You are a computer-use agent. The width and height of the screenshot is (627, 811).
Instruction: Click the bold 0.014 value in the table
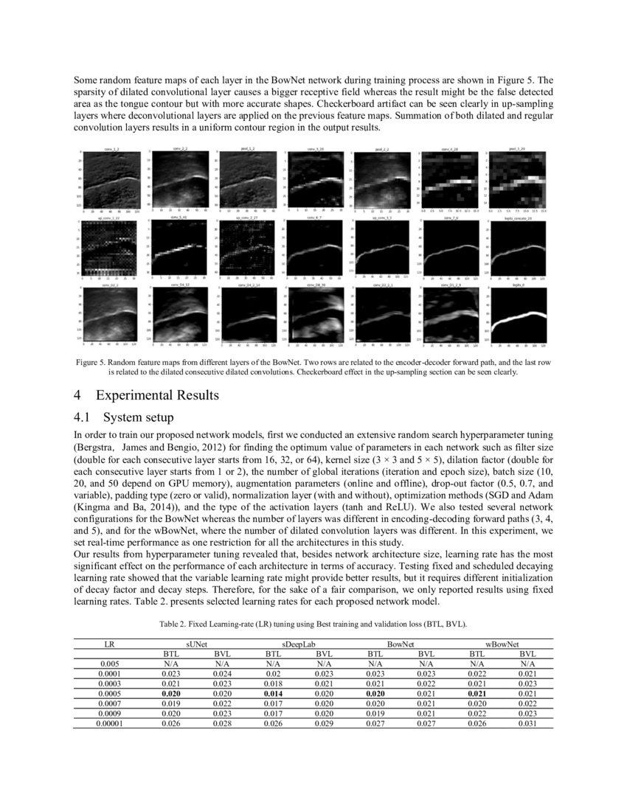point(273,694)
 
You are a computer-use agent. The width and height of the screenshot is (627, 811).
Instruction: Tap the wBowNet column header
point(502,644)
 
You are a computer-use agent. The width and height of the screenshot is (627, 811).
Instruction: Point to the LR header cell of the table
point(109,644)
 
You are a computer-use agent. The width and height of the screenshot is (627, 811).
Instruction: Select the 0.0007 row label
point(109,703)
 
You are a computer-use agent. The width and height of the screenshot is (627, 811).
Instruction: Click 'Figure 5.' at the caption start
point(92,363)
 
